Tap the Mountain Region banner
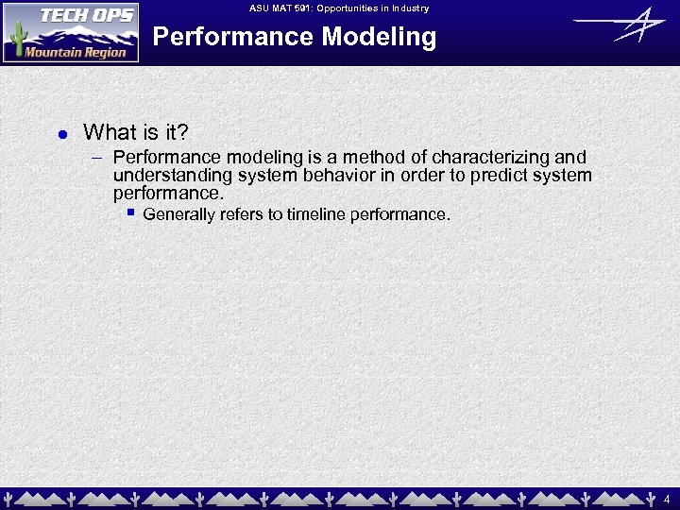[x=76, y=52]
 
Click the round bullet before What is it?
[x=61, y=134]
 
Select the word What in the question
[x=108, y=132]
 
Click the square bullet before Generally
[x=132, y=213]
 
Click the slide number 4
[x=668, y=498]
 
